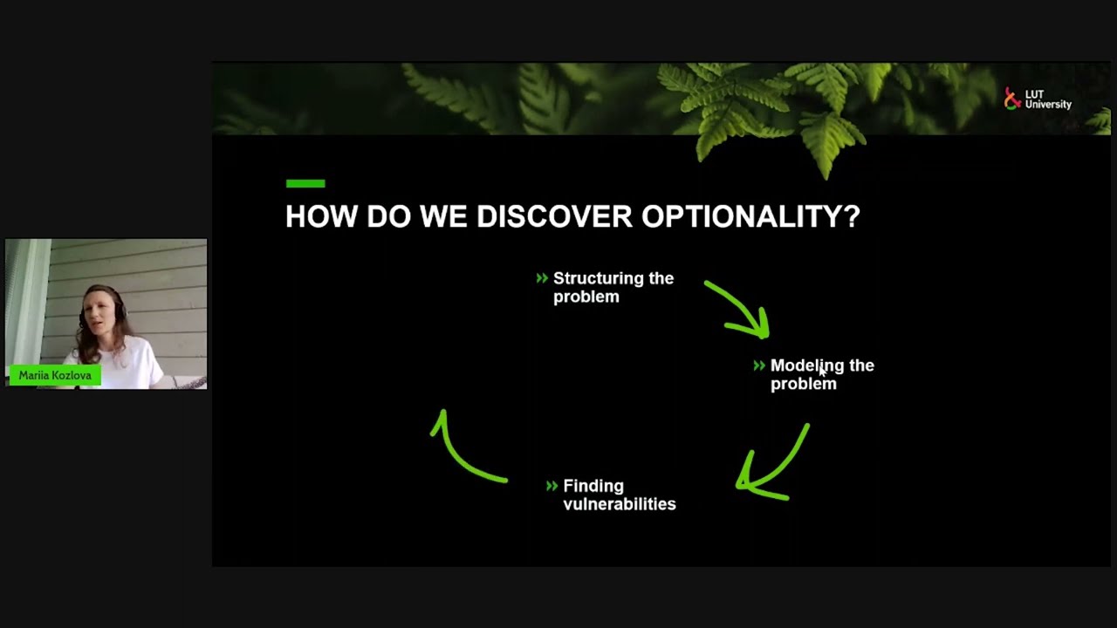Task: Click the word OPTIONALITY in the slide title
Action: (750, 216)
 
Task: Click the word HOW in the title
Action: (321, 216)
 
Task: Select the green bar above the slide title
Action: (305, 183)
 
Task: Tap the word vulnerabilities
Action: (619, 504)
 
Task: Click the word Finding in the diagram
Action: (593, 486)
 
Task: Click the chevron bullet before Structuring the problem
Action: (542, 278)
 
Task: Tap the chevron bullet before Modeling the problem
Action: (759, 365)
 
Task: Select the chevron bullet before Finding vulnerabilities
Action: (552, 486)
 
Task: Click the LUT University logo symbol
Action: (1012, 99)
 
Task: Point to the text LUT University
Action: (1048, 100)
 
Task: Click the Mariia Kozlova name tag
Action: (55, 375)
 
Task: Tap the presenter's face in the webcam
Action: (99, 311)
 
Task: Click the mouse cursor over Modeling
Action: (822, 372)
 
